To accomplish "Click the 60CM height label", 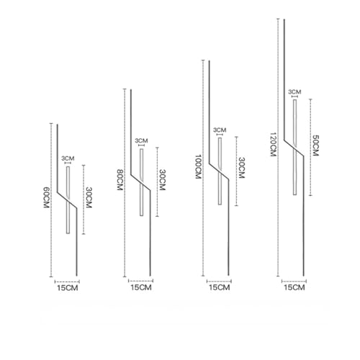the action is coord(46,197).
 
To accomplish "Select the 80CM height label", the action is coord(120,180).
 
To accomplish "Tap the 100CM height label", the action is coord(197,166).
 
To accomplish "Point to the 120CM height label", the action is coord(273,144).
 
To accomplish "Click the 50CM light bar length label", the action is coord(315,145).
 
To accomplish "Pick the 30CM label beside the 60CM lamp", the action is coord(89,197).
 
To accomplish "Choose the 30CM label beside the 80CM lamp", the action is coord(163,180).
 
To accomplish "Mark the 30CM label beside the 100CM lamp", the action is coord(241,168).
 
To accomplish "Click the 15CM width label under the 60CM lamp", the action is coord(68,288).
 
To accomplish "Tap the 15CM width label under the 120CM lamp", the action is coord(294,287).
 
